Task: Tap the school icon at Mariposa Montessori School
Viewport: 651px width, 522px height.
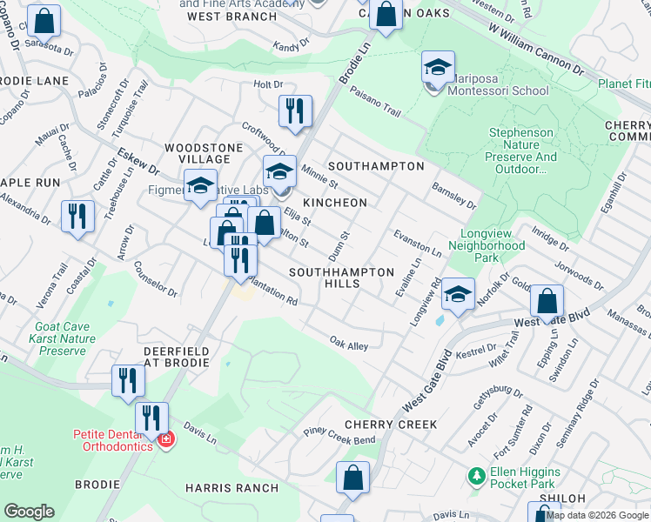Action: click(x=439, y=67)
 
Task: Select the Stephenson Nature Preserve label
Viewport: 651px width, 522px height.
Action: click(x=521, y=151)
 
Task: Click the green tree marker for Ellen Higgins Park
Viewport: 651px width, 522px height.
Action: click(x=475, y=477)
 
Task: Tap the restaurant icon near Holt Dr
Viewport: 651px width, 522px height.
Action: click(x=295, y=110)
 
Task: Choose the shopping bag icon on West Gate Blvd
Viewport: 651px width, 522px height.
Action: click(x=547, y=302)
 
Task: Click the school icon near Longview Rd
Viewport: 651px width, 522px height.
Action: click(x=458, y=294)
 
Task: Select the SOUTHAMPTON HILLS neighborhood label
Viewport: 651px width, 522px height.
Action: click(x=341, y=278)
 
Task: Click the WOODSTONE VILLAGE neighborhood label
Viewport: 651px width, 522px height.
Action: click(x=198, y=153)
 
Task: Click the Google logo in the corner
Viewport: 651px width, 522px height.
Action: click(x=29, y=512)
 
